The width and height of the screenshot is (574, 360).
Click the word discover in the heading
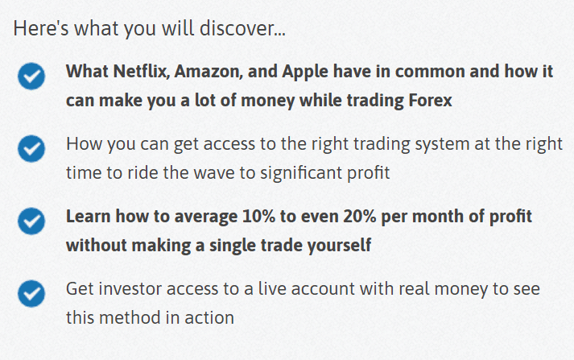(242, 28)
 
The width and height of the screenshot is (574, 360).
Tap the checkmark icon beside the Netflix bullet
(31, 77)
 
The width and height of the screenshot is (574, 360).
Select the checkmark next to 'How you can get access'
(31, 149)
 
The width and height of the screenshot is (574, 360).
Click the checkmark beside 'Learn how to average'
(31, 221)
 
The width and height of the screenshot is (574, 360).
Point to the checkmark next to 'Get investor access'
(31, 294)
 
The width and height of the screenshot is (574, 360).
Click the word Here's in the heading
(40, 28)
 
